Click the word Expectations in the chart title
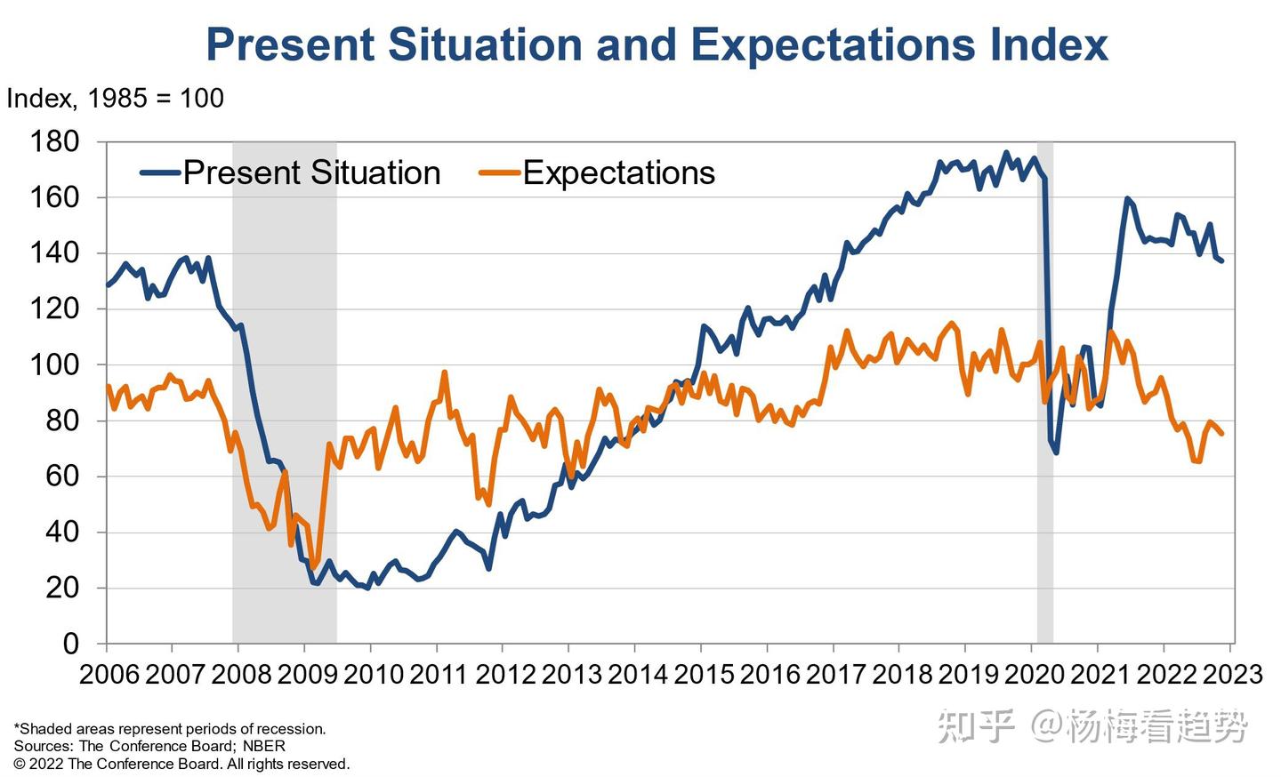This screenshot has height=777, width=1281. click(831, 44)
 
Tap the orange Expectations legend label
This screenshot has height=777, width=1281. click(618, 172)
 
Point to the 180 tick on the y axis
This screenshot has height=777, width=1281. click(54, 141)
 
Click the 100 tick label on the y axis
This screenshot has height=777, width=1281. click(54, 364)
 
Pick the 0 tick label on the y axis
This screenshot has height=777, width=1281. click(70, 643)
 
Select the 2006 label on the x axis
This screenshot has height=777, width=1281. click(109, 674)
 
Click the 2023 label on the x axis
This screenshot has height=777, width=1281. click(1233, 674)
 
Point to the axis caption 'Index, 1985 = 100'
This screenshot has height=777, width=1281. click(115, 98)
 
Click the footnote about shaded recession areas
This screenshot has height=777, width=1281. click(170, 729)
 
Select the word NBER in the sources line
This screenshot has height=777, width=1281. click(263, 746)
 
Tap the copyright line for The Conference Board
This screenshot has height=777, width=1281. click(181, 764)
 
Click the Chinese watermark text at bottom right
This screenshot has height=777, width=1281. click(1093, 726)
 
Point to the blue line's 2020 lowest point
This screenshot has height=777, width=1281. click(1056, 453)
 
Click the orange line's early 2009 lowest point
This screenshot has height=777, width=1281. click(313, 566)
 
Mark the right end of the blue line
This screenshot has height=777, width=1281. click(1221, 260)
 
